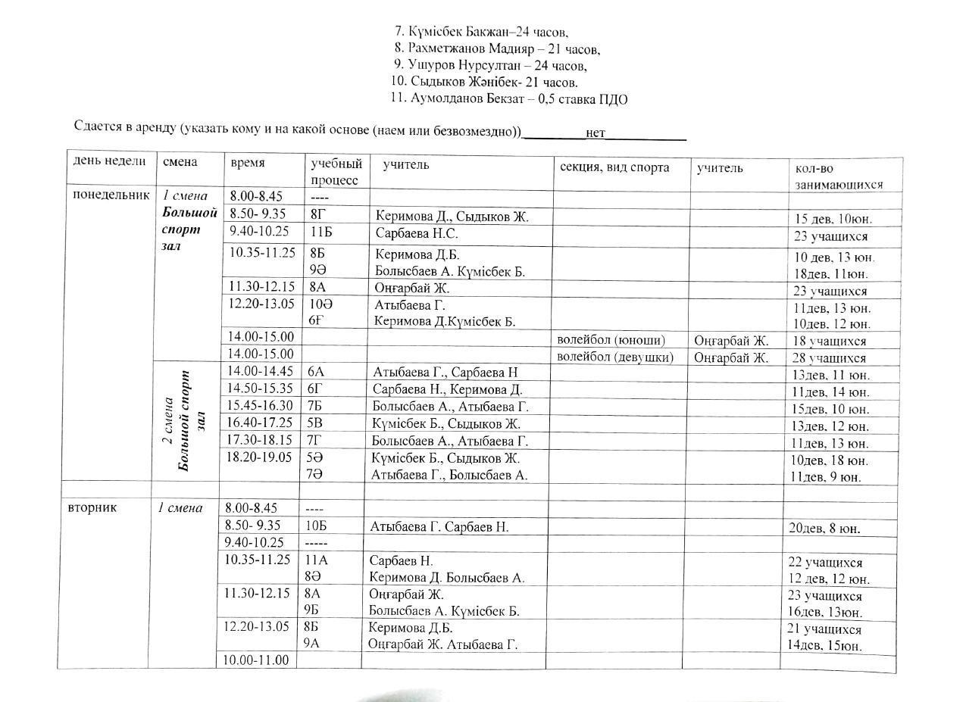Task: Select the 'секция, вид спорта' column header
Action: [x=614, y=167]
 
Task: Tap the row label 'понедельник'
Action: [x=111, y=195]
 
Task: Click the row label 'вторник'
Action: [x=92, y=507]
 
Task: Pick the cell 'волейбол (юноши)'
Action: [x=611, y=341]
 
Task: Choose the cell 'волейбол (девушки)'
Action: [x=614, y=357]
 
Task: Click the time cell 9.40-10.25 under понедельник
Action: [x=259, y=232]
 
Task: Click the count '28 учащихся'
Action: [x=829, y=358]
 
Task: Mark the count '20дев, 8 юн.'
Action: [x=824, y=528]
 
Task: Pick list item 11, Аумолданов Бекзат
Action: [x=508, y=98]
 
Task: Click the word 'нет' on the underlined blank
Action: [x=596, y=133]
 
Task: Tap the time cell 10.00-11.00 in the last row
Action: [x=255, y=660]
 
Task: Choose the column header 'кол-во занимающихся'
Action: [x=838, y=176]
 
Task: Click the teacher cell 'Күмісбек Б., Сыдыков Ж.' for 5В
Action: [x=445, y=424]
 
